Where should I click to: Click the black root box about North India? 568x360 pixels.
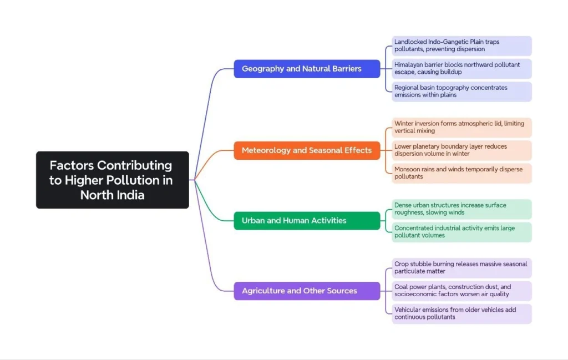[x=112, y=180]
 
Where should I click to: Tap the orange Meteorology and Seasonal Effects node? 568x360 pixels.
[x=307, y=150]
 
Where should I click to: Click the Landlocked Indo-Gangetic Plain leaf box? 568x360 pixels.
[x=461, y=45]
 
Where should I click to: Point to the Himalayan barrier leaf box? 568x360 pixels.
[x=461, y=68]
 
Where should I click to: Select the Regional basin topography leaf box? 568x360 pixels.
[x=461, y=92]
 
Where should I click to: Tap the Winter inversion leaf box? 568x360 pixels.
[x=461, y=127]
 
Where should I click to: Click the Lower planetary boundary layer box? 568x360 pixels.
[x=461, y=150]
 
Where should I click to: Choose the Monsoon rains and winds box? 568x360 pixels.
[x=461, y=173]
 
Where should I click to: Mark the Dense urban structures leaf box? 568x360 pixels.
[x=461, y=209]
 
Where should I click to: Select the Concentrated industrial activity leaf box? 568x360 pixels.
[x=461, y=232]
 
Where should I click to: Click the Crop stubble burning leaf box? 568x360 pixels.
[x=461, y=267]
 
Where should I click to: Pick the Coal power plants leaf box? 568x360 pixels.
[x=461, y=291]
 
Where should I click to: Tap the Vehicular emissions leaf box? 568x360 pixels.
[x=461, y=313]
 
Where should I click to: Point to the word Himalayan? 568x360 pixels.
[x=410, y=65]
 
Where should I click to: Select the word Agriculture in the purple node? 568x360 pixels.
[x=263, y=291]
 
